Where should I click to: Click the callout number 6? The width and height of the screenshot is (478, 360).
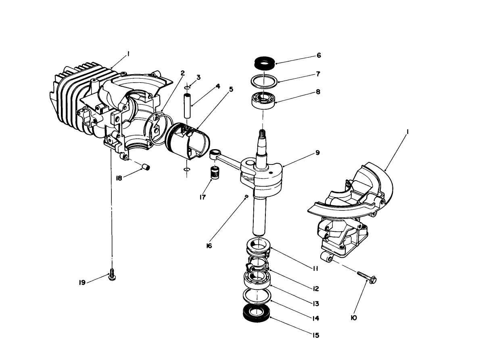tap(319, 55)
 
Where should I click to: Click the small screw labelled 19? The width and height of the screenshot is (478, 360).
tap(112, 277)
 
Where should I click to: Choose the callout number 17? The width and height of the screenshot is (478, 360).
tap(202, 198)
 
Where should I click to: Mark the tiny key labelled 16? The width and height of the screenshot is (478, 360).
tap(245, 196)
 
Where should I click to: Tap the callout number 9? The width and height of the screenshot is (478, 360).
tap(318, 153)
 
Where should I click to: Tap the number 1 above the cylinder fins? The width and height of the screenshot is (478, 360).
tap(128, 53)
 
